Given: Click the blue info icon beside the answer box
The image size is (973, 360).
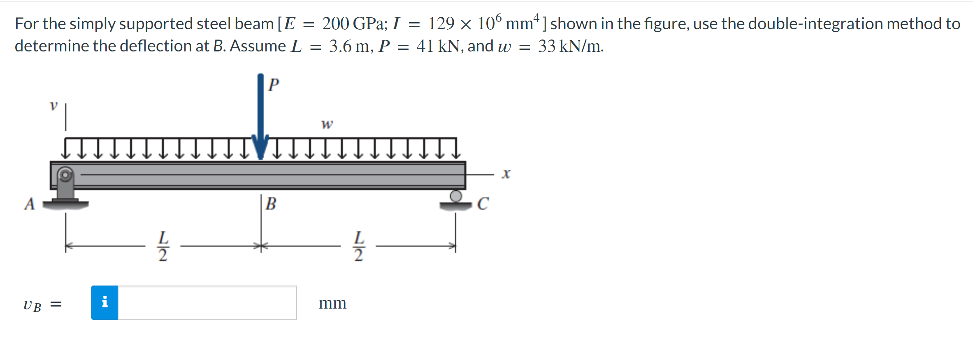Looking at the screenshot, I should tap(104, 302).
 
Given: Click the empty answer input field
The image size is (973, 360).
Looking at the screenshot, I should tap(207, 302).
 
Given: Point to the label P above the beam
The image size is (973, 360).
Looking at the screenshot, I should tap(274, 84).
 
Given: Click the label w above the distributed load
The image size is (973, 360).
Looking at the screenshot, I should tap(327, 124).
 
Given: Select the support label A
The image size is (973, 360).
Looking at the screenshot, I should tap(29, 204).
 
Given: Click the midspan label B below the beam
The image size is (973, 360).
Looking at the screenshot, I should tap(271, 204).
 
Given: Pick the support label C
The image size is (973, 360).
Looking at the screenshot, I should tap(483, 204).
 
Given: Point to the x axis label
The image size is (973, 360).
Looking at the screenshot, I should tap(506, 174).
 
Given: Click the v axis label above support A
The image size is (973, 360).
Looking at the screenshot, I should tap(53, 106).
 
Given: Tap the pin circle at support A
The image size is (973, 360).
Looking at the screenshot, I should tap(65, 175).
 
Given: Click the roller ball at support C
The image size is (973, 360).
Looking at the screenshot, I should tap(455, 196).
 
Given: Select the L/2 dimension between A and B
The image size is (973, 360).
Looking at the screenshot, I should tap(163, 246).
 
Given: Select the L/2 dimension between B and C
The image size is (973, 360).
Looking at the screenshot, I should tap(359, 246).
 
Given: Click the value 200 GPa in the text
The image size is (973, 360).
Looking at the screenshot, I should tap(355, 24).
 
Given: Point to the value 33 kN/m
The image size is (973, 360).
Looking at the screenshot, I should tap(570, 46).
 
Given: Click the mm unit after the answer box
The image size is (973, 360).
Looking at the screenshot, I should tap(332, 303).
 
